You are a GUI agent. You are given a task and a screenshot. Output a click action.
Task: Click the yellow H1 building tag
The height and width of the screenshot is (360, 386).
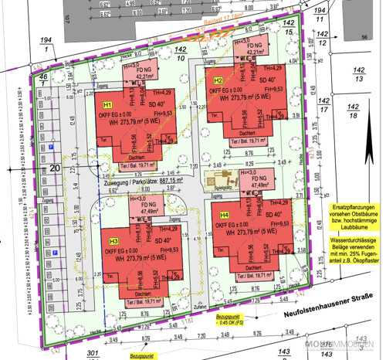[x=108, y=104]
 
